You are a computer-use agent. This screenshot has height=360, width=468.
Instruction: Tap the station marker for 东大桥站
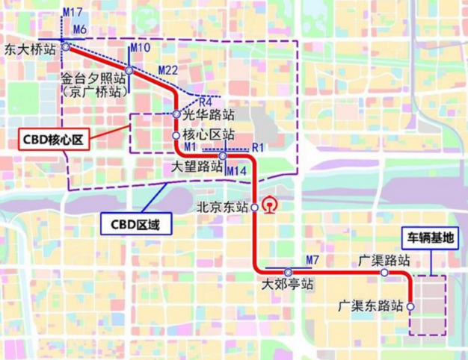[x=66, y=46]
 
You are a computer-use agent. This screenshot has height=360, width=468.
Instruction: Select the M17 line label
[x=73, y=13]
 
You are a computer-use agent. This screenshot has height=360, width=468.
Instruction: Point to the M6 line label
[x=80, y=29]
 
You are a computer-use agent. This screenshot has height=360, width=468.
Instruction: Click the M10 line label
[x=141, y=48]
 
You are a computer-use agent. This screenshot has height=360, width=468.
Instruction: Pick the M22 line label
[x=168, y=70]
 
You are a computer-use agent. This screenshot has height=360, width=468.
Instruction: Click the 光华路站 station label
[x=204, y=116]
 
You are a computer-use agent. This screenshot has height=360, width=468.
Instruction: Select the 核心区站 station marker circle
[x=176, y=136]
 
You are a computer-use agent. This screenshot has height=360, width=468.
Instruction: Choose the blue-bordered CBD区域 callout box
[x=132, y=223]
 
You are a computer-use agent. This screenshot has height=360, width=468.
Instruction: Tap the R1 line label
[x=259, y=147]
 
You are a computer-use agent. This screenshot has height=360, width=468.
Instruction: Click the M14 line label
[x=236, y=172]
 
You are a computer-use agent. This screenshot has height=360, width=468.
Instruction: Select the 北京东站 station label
[x=221, y=208]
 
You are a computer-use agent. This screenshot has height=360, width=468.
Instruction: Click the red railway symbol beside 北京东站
[x=268, y=206]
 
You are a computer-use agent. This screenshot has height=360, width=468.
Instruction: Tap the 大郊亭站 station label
[x=288, y=285]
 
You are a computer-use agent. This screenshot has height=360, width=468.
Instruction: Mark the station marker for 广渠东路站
[x=410, y=306]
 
